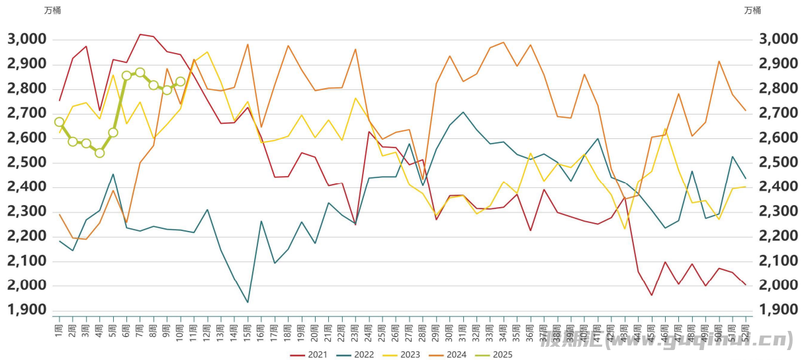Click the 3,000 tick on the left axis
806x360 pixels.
(27, 39)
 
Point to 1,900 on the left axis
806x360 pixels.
(27, 310)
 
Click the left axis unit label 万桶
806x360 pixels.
(52, 10)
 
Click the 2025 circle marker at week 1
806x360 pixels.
(59, 122)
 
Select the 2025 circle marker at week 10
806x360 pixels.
(180, 82)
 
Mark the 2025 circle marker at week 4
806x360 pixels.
(99, 153)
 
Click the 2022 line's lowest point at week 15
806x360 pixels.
(247, 302)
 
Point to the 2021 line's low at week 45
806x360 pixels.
(652, 295)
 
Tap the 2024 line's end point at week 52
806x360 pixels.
(746, 111)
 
